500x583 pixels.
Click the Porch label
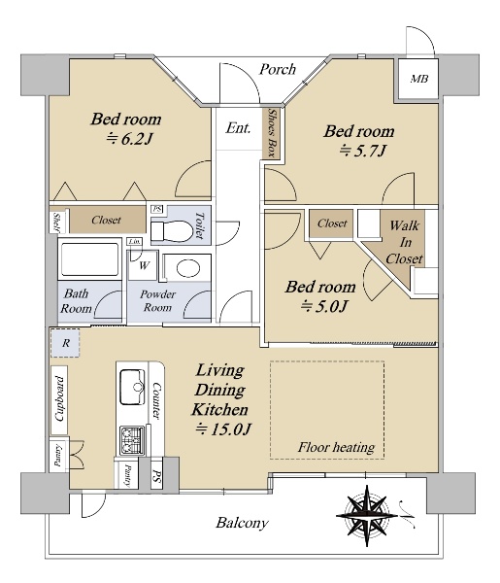[x=277, y=69]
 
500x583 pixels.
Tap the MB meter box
[x=418, y=79]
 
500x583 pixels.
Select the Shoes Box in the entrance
[x=272, y=133]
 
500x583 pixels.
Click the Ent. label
[x=238, y=128]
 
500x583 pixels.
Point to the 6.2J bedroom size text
[x=129, y=139]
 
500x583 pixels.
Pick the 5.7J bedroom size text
[x=363, y=151]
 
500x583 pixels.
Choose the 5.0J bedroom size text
[x=324, y=307]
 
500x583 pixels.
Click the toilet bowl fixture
[x=172, y=231]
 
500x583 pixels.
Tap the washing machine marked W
[x=144, y=265]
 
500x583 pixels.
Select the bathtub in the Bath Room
[x=89, y=259]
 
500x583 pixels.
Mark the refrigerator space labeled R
[x=65, y=343]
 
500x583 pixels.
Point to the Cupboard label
[x=58, y=399]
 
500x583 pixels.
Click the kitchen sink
[x=132, y=387]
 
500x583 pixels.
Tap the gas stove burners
[x=132, y=440]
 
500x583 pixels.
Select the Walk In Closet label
[x=404, y=242]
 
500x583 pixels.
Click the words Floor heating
[x=336, y=447]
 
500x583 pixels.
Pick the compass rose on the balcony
[x=367, y=516]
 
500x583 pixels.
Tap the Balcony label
[x=242, y=523]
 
